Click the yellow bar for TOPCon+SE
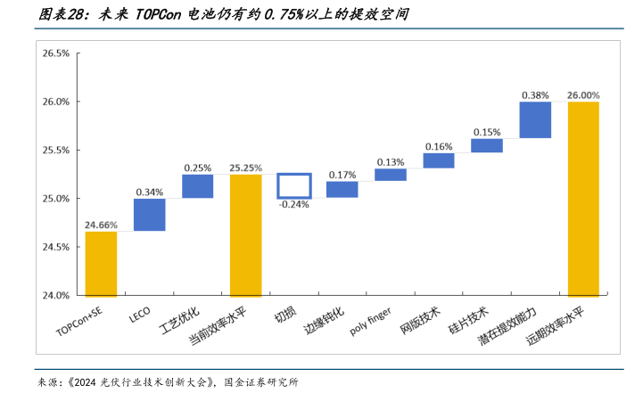(101, 264)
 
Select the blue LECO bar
(149, 215)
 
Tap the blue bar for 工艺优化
(198, 185)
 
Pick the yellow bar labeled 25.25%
(246, 235)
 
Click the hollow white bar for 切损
(293, 185)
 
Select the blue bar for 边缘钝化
(342, 189)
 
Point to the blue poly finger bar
(390, 175)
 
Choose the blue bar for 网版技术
(439, 160)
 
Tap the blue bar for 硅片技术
(487, 145)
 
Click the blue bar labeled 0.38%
(535, 119)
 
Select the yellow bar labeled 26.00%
(583, 199)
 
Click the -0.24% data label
(293, 204)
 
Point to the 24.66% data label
(101, 225)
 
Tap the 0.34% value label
(149, 192)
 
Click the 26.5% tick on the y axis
(55, 53)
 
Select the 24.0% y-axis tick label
(55, 295)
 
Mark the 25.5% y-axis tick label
(55, 150)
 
